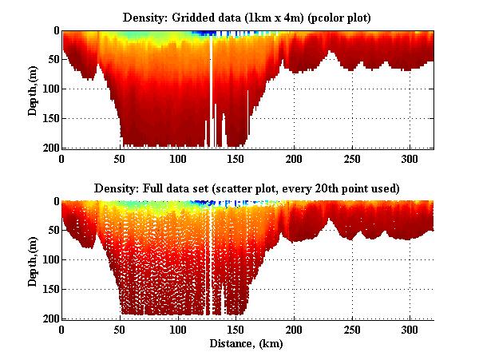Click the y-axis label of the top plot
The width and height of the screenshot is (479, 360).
[33, 89]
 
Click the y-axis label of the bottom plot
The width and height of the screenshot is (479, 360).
[33, 260]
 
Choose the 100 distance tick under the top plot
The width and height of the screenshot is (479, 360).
[178, 159]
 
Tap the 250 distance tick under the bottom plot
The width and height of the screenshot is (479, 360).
[352, 330]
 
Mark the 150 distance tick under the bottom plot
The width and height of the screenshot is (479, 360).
[236, 330]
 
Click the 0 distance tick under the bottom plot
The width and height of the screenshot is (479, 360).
[62, 330]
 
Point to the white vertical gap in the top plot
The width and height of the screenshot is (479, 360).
[211, 88]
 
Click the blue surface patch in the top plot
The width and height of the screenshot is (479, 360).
[209, 34]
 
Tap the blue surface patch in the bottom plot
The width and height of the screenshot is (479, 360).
[210, 205]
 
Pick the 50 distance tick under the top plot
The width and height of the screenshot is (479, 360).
[121, 159]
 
